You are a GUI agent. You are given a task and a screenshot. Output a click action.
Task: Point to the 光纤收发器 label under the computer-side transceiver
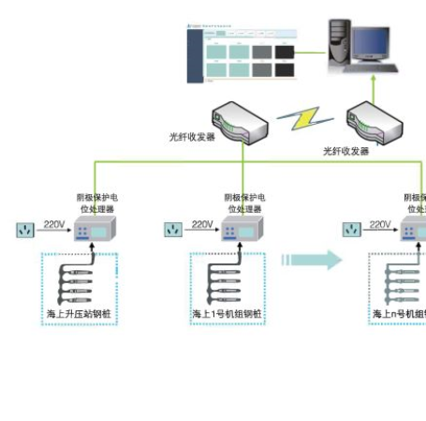(x=346, y=150)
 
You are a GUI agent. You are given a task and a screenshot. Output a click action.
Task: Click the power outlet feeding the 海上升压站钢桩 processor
(x=25, y=229)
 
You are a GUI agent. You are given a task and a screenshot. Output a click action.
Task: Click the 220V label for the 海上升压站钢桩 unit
(x=54, y=224)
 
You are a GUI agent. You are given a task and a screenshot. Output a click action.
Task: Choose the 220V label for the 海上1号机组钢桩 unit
(x=202, y=224)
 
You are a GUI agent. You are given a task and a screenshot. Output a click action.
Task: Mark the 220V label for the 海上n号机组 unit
(x=380, y=224)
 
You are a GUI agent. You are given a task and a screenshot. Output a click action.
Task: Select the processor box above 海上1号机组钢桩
(x=241, y=231)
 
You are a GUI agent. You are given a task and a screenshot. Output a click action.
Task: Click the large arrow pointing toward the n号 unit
(x=312, y=259)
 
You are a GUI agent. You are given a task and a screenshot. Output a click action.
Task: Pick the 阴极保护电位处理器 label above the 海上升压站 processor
(x=96, y=203)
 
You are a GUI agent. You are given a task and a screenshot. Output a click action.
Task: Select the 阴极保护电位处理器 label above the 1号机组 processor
(x=244, y=203)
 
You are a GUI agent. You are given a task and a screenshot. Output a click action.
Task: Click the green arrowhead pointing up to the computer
(x=372, y=81)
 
